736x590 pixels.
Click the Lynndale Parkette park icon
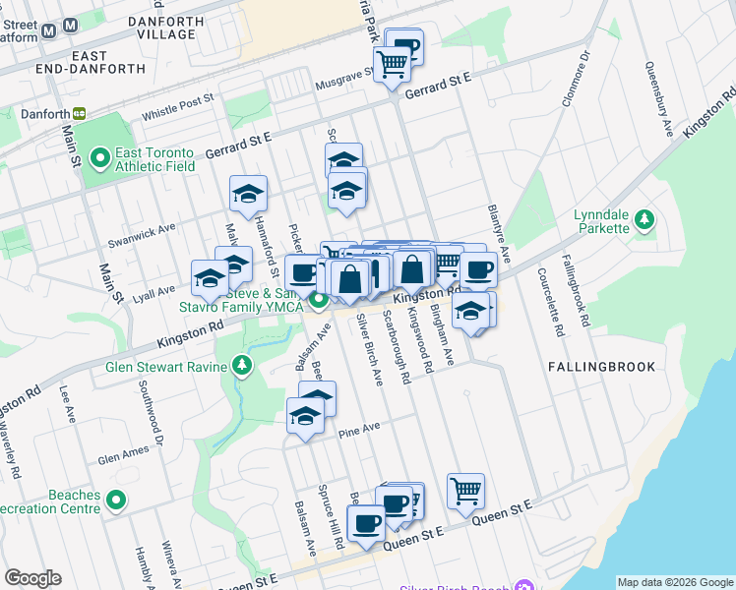point(644,219)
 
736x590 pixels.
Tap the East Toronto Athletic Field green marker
point(99,157)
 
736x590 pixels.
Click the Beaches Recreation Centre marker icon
point(116,501)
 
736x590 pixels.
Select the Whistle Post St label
point(178,106)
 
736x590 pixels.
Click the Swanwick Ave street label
point(142,232)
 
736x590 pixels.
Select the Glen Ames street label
point(123,456)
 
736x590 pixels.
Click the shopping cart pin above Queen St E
point(465,491)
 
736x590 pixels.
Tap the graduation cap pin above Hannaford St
point(248,194)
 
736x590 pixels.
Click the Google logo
point(32,578)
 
